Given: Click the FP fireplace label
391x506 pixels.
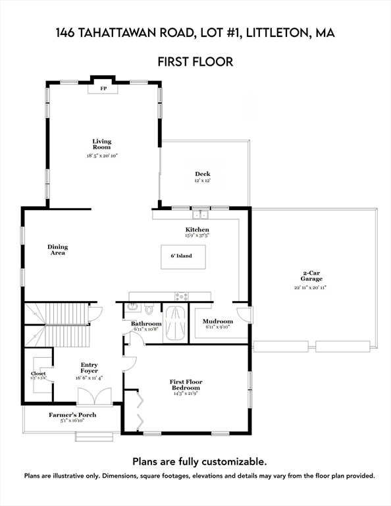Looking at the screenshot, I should pos(103,88).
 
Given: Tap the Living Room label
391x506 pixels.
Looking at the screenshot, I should pos(101,144).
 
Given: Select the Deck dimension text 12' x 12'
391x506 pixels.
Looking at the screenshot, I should pos(202,181).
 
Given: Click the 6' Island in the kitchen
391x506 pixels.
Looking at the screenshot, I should pos(183,256).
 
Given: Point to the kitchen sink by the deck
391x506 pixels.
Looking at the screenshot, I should pos(200,214).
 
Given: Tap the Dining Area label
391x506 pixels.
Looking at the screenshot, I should pos(57,250).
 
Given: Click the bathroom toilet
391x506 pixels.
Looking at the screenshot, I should pos(149,308).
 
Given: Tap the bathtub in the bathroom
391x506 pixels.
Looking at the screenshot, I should pos(175,323).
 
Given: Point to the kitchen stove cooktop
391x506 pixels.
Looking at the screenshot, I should pos(181,296).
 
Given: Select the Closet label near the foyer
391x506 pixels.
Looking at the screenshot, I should pos(38,374).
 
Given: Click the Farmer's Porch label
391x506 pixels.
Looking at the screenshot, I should pos(69,414).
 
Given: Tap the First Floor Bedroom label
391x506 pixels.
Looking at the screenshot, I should pos(186,385).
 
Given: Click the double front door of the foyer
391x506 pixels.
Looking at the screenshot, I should pos(90,397).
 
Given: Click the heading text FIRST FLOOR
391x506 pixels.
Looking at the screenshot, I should pos(195,62).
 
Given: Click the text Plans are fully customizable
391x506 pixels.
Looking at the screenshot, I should pos(199,461).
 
